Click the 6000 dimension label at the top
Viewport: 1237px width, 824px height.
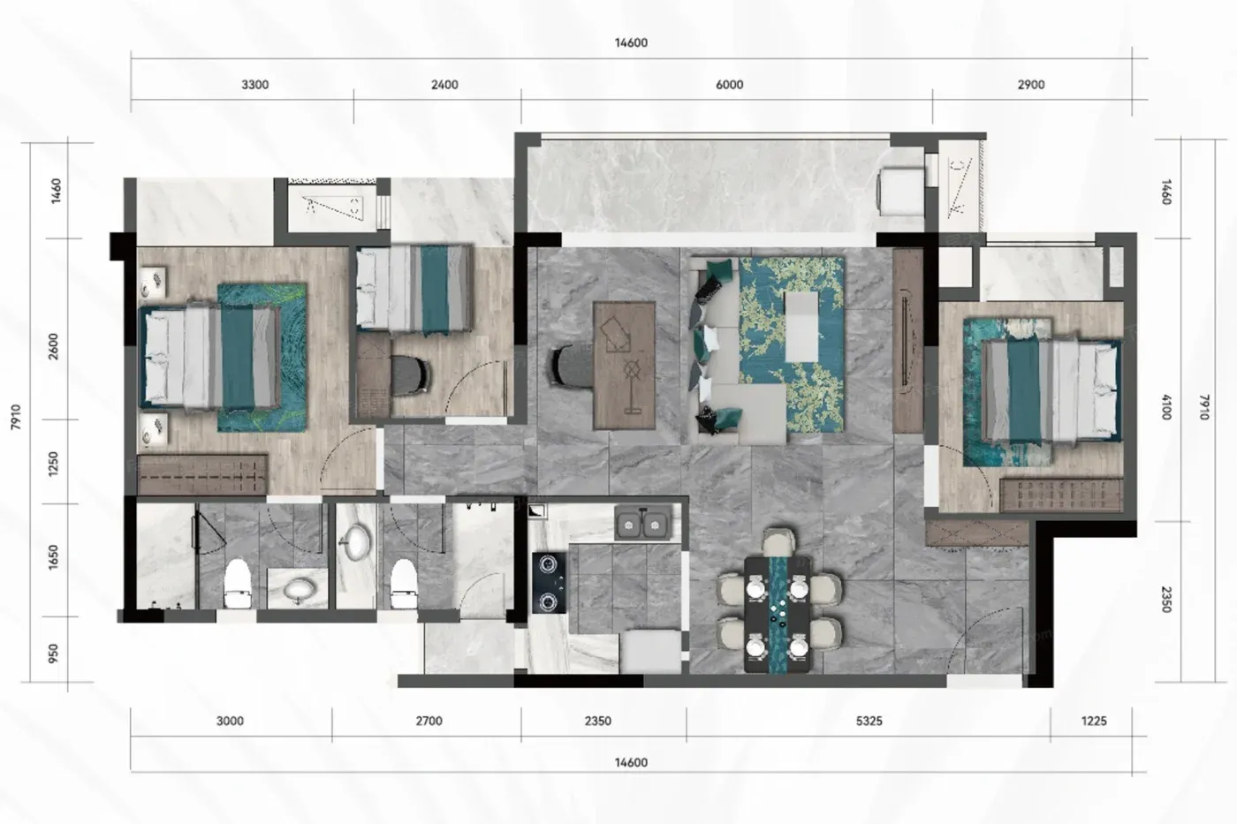(x=729, y=85)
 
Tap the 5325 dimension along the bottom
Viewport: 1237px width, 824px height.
(x=869, y=721)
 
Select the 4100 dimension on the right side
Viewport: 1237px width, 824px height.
(x=1165, y=407)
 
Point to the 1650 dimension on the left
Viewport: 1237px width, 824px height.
(x=53, y=557)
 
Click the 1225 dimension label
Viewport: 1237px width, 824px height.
(x=1094, y=721)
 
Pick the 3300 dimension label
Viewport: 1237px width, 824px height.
(x=255, y=85)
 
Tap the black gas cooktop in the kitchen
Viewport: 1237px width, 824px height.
(x=550, y=583)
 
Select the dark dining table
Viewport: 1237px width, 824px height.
(x=778, y=615)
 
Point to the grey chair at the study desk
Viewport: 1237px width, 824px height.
(x=573, y=366)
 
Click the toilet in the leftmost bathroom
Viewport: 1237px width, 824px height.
(x=239, y=583)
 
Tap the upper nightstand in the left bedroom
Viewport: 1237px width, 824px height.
(x=152, y=283)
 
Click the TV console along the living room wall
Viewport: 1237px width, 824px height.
(x=908, y=341)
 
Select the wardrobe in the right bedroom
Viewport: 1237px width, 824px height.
(x=1061, y=495)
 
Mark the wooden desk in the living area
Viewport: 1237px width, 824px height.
(x=624, y=365)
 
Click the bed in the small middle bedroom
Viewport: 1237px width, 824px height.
(x=414, y=289)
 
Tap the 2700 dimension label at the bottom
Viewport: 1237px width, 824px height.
(x=429, y=721)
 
